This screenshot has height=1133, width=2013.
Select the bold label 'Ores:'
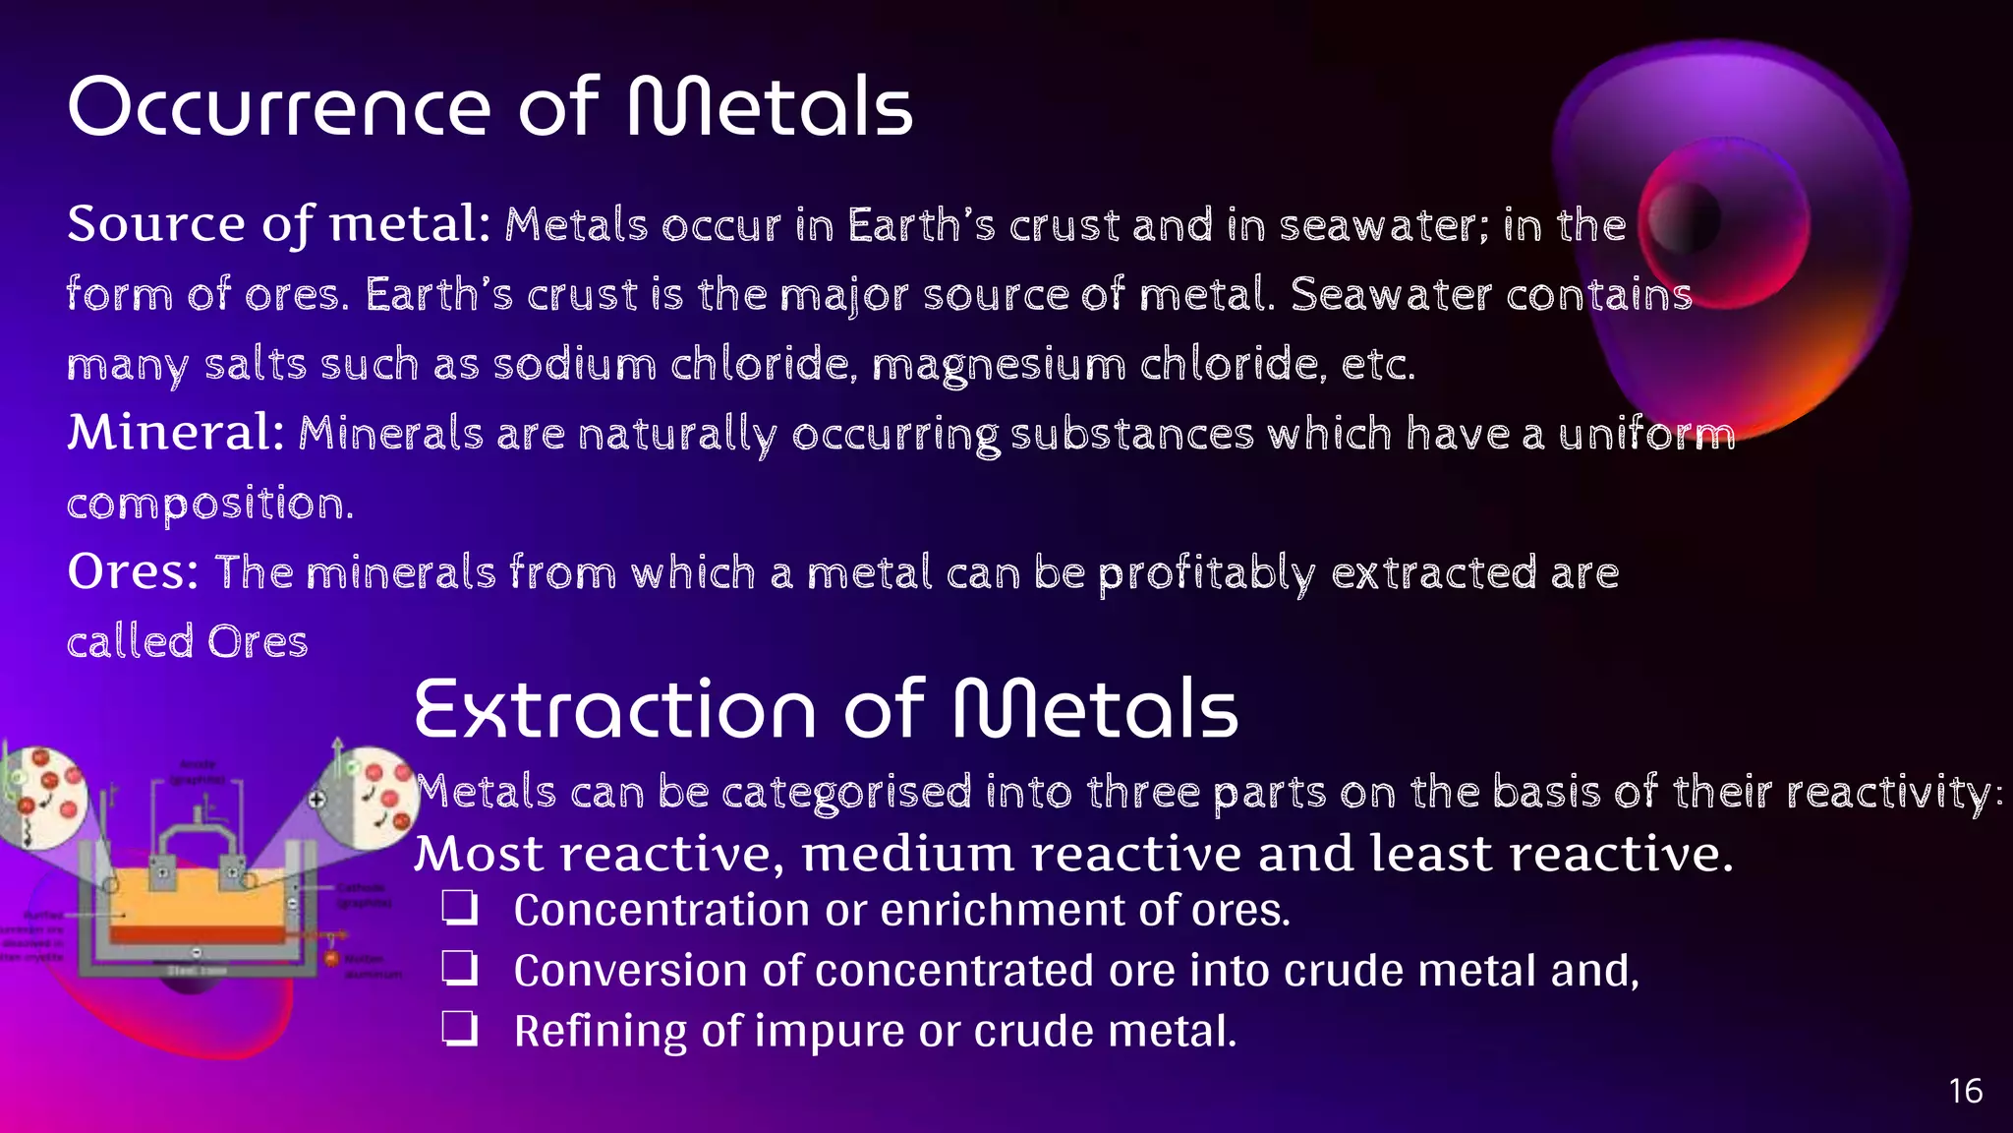(133, 571)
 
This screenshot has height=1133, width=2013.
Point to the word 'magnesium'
(999, 365)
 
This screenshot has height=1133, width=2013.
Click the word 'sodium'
(574, 365)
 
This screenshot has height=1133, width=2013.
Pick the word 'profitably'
(1206, 573)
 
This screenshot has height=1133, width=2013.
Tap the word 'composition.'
(209, 504)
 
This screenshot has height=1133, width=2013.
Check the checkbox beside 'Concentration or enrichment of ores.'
(459, 909)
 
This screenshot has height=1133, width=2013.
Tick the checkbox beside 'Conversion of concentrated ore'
(459, 970)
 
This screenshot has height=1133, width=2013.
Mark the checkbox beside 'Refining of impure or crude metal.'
(459, 1030)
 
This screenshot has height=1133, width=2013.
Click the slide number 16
(1965, 1091)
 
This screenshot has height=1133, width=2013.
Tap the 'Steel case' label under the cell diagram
(197, 971)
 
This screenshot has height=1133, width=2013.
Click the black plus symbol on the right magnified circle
(317, 800)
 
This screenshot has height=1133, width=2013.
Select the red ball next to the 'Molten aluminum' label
(332, 958)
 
